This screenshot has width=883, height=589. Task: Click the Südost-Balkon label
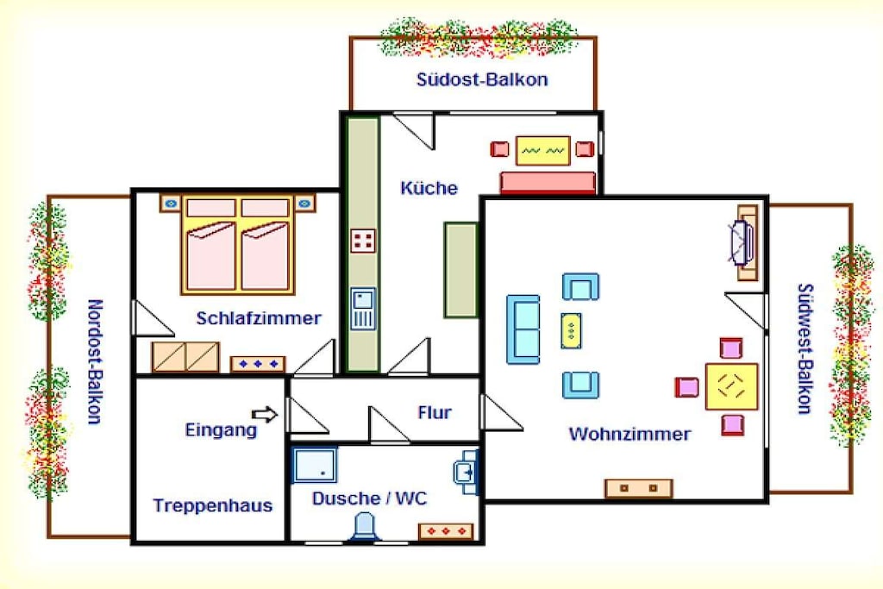[x=482, y=79]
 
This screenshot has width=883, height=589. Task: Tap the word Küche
[x=429, y=187]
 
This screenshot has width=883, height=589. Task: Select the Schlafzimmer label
[x=259, y=318]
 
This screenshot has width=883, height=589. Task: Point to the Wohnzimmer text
[x=629, y=434]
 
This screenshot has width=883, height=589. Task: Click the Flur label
[x=435, y=412]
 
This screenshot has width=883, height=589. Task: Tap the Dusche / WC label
[x=369, y=498]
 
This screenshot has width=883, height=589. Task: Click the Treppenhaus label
[x=213, y=505]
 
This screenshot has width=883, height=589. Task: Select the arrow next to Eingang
[x=265, y=415]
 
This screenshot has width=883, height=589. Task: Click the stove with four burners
[x=363, y=241]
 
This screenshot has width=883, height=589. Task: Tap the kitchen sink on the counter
[x=363, y=309]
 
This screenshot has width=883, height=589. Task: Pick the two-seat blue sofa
[x=523, y=329]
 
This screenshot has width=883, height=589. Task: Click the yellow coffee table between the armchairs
[x=571, y=330]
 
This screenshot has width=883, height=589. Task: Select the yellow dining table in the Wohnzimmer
[x=731, y=387]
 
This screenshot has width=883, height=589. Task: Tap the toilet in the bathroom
[x=365, y=528]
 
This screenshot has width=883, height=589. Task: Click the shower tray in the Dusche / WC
[x=314, y=465]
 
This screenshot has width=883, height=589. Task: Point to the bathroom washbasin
[x=466, y=472]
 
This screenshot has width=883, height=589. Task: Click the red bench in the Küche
[x=548, y=183]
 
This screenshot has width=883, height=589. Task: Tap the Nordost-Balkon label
[x=95, y=361]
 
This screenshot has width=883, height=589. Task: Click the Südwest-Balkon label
[x=806, y=348]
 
